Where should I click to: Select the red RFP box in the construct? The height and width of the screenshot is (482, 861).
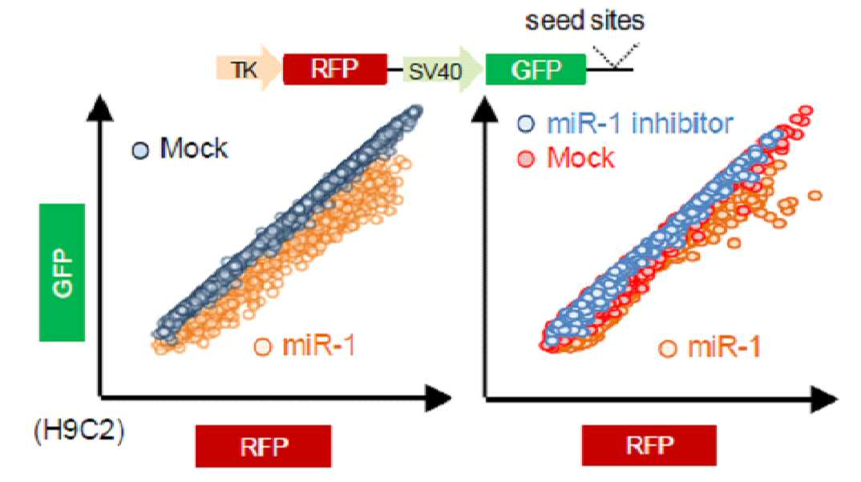tap(335, 69)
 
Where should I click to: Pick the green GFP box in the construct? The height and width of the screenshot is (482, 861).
tap(536, 69)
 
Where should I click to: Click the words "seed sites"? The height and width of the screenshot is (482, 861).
tap(584, 21)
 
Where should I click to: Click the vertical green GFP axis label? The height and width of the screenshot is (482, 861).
tap(62, 273)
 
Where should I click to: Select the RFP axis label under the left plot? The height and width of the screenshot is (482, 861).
tap(264, 446)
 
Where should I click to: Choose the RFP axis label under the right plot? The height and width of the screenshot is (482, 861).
tap(649, 444)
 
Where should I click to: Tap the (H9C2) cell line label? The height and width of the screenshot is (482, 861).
tap(79, 431)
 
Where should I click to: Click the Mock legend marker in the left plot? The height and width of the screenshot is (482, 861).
tap(140, 151)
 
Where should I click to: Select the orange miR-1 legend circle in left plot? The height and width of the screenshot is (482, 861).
tap(263, 346)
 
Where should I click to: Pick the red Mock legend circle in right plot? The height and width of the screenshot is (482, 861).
tap(526, 160)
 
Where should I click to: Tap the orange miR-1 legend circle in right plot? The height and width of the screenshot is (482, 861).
tap(668, 348)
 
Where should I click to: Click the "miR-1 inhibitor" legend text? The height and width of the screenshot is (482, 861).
tap(641, 124)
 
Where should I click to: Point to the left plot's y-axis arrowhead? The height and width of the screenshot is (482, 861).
tap(99, 107)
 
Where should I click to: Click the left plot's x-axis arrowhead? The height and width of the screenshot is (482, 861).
tap(439, 397)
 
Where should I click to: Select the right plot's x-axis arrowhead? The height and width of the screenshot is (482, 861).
tap(824, 399)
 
